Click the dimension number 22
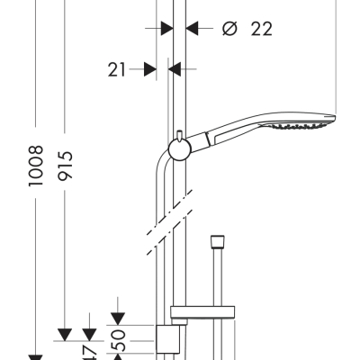click(x=261, y=29)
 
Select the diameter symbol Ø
click(x=229, y=29)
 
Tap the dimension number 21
click(x=118, y=68)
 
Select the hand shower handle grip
click(x=229, y=135)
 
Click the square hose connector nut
click(x=216, y=242)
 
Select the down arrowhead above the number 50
click(x=119, y=317)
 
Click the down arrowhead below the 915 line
click(x=65, y=335)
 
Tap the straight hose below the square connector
click(x=216, y=279)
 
